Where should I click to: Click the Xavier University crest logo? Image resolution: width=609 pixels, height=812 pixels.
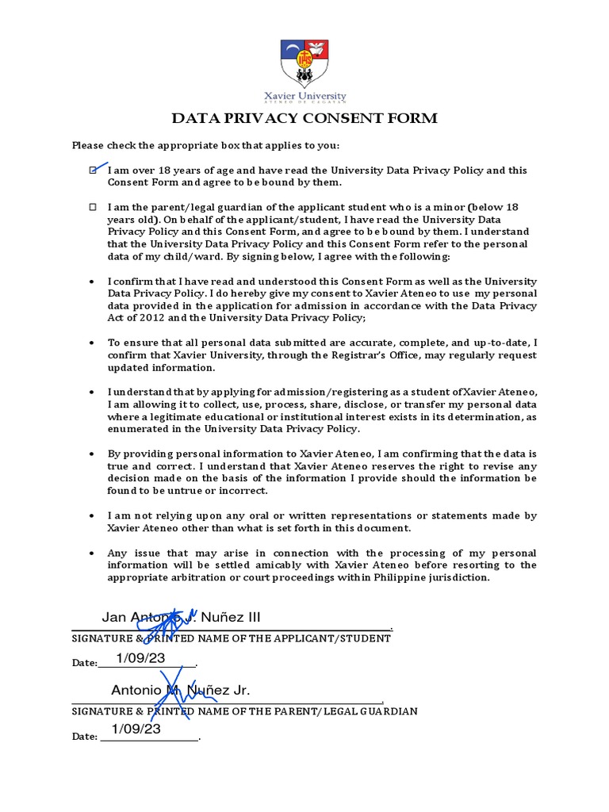(x=305, y=63)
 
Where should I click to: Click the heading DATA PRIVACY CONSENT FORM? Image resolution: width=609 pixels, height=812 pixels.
(x=305, y=119)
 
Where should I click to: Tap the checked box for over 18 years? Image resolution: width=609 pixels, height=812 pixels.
(x=94, y=170)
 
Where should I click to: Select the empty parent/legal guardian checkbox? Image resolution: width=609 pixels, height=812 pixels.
(x=93, y=206)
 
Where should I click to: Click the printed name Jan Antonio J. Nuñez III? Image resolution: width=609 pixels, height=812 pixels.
(x=180, y=618)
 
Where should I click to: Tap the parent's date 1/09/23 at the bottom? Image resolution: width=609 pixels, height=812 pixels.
(x=136, y=729)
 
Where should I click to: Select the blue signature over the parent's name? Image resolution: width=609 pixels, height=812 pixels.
(x=178, y=691)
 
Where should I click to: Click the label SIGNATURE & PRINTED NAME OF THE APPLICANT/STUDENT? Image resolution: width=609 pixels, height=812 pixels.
(x=231, y=638)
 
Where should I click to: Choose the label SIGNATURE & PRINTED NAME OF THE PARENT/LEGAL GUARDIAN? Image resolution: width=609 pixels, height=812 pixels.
(x=244, y=711)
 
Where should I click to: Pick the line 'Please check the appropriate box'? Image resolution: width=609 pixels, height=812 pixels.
(x=205, y=145)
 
